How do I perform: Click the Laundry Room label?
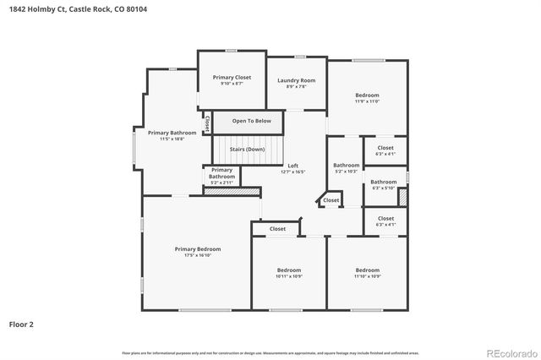[297, 80]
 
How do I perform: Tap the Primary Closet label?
[232, 78]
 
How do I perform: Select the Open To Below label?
[246, 121]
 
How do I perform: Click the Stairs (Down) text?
[247, 149]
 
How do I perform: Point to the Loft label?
[293, 166]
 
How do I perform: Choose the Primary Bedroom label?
[198, 248]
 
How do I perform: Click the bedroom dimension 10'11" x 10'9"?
[289, 276]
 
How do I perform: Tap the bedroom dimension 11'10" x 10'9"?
[367, 276]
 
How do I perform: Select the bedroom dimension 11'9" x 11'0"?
[367, 101]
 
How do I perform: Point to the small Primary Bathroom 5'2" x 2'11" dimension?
[221, 183]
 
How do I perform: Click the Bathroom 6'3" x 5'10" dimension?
[384, 188]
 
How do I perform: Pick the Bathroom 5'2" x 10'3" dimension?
[347, 172]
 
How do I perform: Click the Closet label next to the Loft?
[331, 200]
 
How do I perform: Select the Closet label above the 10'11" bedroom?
[277, 229]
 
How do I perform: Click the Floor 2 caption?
[22, 324]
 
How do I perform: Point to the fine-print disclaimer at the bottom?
[270, 352]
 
